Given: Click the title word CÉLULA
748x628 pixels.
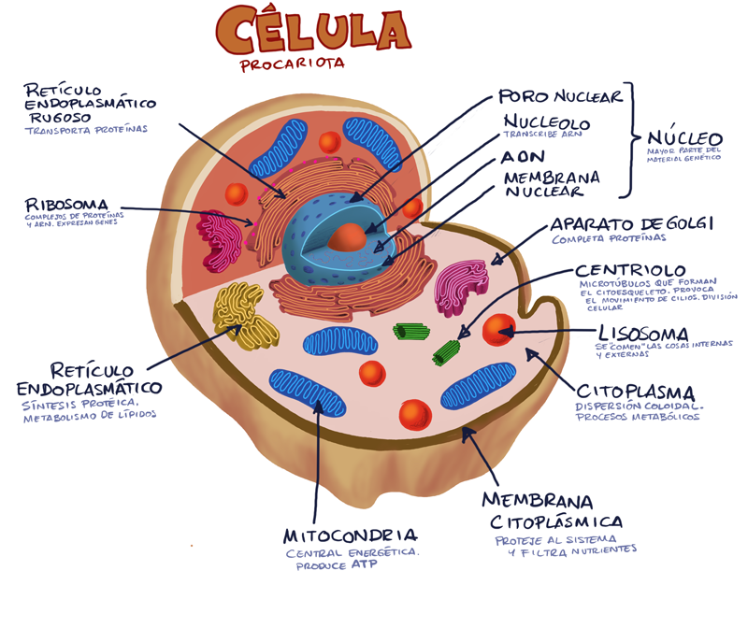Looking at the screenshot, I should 312,30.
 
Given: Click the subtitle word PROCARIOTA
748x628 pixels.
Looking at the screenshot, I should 292,64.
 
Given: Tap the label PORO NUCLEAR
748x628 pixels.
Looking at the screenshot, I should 559,97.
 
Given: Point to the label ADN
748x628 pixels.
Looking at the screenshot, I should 522,156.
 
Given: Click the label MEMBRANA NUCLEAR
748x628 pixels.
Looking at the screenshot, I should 551,184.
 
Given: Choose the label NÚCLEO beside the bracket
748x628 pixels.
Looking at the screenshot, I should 684,138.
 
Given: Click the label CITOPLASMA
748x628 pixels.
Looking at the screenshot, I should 635,392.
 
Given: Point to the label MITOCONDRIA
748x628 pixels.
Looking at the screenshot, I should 350,535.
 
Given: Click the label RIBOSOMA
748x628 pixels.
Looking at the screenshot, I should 67,204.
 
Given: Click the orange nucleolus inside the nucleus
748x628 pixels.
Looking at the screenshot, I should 349,237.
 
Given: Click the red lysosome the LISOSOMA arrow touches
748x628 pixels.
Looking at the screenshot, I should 498,330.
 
